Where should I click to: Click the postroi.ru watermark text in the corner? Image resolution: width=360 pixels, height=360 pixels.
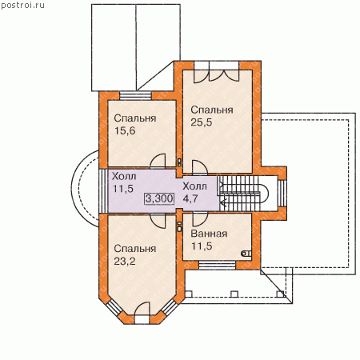coord(22,5)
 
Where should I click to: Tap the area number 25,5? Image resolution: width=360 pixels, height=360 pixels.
coord(202,122)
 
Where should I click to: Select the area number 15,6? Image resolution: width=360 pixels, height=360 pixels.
coord(125,130)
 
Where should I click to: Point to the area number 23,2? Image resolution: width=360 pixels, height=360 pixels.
coord(125,262)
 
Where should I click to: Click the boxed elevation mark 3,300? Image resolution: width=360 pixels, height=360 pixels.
coord(159,198)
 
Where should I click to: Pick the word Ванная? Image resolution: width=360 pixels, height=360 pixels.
coord(209,234)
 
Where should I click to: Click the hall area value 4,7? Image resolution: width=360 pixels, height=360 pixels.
coord(190,198)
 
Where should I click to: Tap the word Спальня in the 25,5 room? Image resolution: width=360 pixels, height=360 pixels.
coord(212,110)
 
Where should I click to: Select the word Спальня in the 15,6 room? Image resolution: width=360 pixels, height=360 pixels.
coord(135,118)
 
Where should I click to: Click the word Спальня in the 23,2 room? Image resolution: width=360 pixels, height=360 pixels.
coord(135,249)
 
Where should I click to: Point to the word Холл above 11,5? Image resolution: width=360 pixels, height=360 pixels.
coord(124,176)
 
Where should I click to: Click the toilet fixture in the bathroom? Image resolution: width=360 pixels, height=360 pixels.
coord(246,254)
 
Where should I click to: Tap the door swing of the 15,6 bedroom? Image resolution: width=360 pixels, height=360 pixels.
coord(158,161)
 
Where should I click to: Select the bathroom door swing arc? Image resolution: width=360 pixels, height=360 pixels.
coord(200,219)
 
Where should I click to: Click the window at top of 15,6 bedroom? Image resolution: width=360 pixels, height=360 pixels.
coord(135,96)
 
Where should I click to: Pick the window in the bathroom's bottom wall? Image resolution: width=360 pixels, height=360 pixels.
coord(218,265)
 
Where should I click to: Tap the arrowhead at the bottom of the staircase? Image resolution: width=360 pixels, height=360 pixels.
coord(222,204)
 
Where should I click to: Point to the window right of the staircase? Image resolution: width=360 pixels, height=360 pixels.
coord(282,194)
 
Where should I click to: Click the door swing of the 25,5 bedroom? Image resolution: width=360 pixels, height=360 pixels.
coord(200,167)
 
